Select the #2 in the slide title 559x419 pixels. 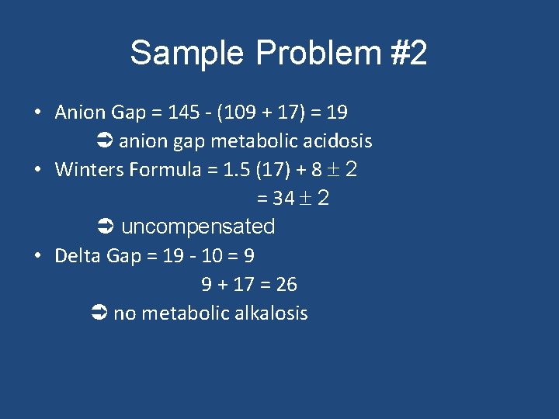(x=405, y=54)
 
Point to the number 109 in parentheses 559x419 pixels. (x=241, y=113)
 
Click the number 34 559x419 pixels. (x=283, y=199)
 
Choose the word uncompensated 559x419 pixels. (x=198, y=227)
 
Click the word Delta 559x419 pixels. (x=76, y=256)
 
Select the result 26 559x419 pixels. (x=286, y=285)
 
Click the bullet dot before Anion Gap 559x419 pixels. (x=38, y=113)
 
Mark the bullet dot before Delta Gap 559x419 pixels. (x=38, y=256)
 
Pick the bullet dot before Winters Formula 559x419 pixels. (x=38, y=170)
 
